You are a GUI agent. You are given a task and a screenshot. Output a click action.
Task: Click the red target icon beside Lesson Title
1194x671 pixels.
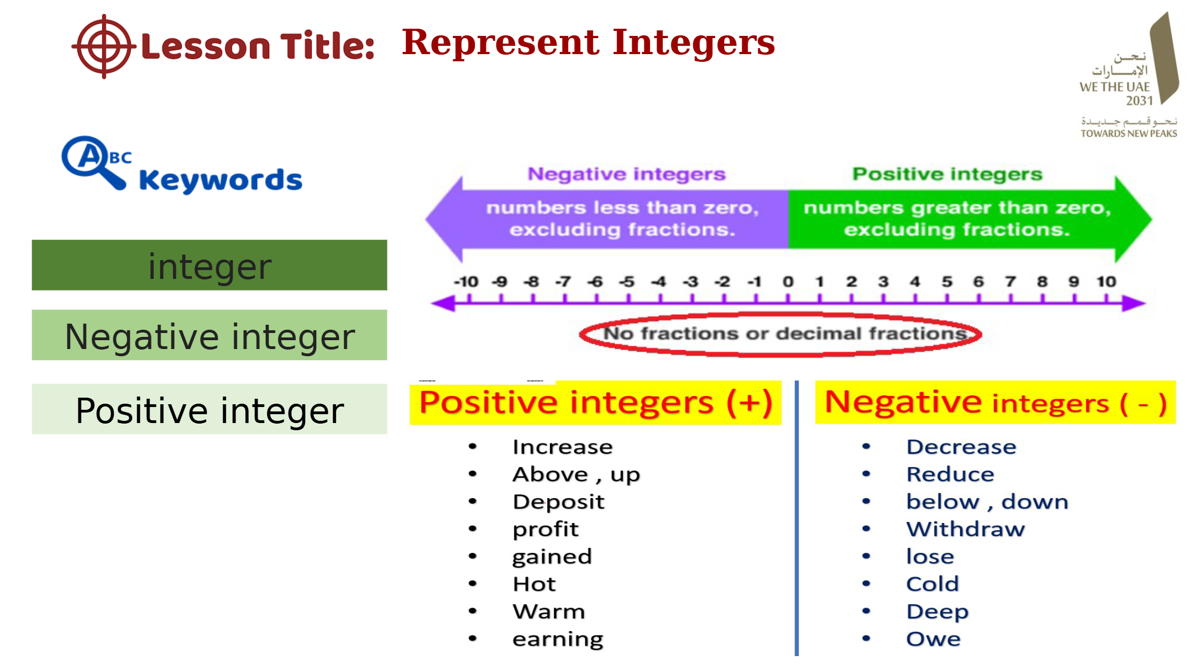coord(103,46)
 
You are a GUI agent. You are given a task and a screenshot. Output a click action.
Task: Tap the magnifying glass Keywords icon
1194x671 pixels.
coord(93,162)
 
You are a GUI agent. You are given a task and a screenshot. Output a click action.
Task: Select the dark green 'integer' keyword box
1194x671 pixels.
coord(210,266)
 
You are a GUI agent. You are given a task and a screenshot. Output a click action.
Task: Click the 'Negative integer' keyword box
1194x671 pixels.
coord(210,336)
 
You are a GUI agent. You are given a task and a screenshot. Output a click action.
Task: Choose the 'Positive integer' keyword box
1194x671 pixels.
coord(210,410)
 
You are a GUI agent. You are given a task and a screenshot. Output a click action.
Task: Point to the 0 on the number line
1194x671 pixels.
coord(788,282)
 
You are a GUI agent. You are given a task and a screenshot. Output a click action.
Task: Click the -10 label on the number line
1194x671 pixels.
coord(466,282)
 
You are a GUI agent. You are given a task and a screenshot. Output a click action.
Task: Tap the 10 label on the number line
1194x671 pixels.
coord(1106,282)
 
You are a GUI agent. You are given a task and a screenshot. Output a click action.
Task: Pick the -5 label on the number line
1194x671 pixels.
coord(626,282)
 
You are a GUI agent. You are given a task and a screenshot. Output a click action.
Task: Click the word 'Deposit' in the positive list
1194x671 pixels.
coord(558,502)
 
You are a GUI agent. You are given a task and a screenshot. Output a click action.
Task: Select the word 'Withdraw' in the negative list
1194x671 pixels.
coord(965,530)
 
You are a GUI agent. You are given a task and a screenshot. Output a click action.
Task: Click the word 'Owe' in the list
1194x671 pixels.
coord(933,639)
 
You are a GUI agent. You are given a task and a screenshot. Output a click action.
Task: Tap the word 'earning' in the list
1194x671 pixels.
coord(558,640)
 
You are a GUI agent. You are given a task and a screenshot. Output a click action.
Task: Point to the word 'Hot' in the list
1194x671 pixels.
coord(534,584)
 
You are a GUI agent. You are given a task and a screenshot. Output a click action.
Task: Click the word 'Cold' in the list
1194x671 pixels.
coord(933,584)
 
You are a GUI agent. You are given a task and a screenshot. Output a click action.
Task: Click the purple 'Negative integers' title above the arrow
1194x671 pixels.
coord(626,175)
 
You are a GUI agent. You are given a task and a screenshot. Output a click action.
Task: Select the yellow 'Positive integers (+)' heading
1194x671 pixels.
coord(595,403)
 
